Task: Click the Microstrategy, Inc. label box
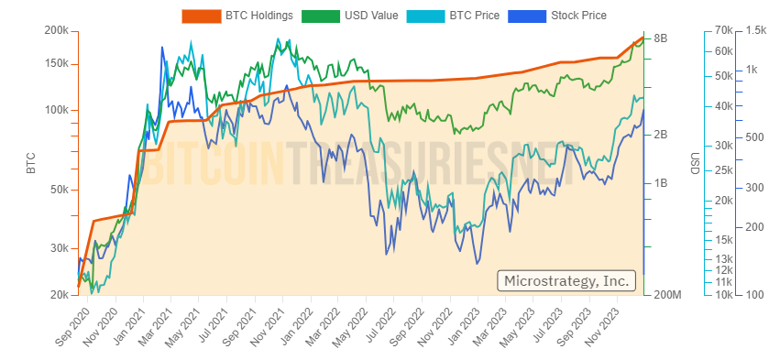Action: coord(566,280)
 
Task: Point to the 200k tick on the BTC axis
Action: coord(57,31)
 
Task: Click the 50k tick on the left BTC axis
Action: coord(60,190)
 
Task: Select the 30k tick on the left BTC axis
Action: coord(60,248)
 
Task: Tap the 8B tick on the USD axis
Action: coord(661,38)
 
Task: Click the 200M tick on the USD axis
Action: coord(665,295)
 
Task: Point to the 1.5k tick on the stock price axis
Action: coord(756,31)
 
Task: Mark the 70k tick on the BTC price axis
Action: coord(723,31)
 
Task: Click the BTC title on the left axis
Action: coord(30,163)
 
